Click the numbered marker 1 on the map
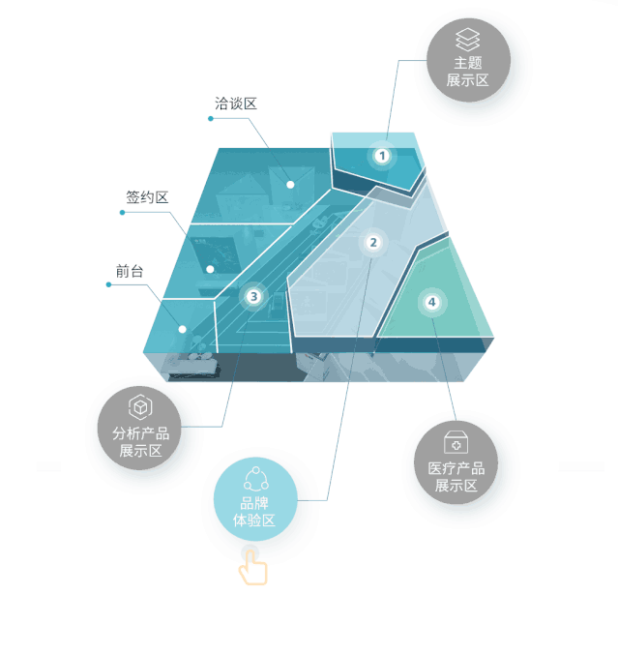[382, 155]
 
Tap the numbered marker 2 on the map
[374, 243]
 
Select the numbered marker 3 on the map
[253, 296]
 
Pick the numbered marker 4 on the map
[431, 303]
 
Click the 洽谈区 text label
[235, 103]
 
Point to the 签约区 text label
[147, 197]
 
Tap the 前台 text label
[129, 272]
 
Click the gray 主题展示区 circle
[468, 60]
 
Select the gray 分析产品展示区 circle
[140, 429]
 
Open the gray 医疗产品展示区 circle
[456, 462]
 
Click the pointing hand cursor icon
[253, 566]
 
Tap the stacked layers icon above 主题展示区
[468, 39]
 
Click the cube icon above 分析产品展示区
[140, 406]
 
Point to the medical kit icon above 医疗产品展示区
[456, 442]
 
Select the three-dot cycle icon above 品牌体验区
[254, 479]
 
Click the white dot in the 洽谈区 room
[289, 183]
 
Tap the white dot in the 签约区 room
[210, 269]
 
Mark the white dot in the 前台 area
[182, 329]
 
